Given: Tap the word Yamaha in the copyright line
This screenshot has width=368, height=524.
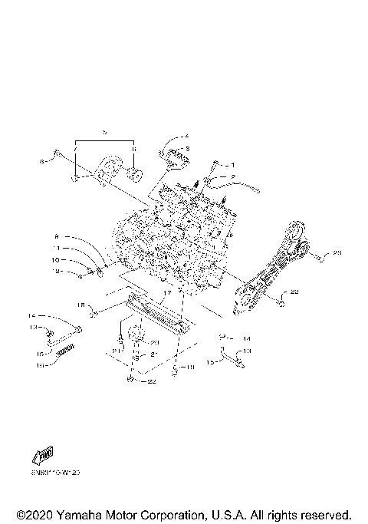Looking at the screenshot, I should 85,513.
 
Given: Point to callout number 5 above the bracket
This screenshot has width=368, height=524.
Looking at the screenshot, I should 105,133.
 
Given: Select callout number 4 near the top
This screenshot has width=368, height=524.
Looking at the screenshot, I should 186,136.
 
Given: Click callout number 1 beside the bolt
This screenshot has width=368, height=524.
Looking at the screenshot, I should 235,165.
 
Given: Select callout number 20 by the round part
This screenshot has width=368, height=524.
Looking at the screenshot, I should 153,343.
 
